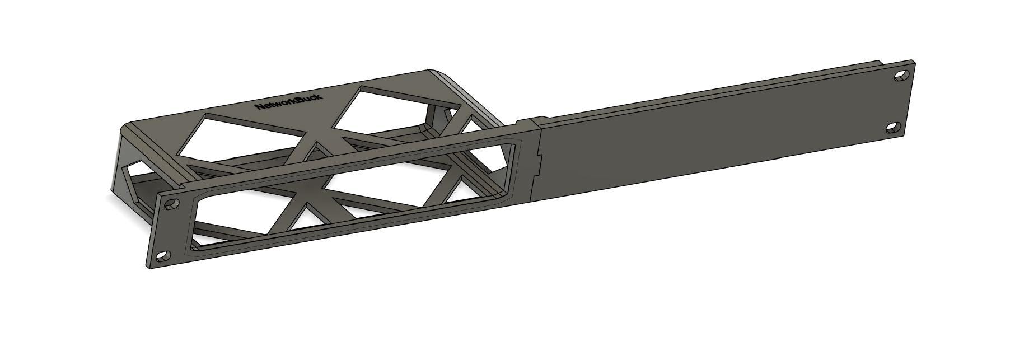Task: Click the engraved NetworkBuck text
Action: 288,101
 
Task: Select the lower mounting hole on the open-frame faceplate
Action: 163,256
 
